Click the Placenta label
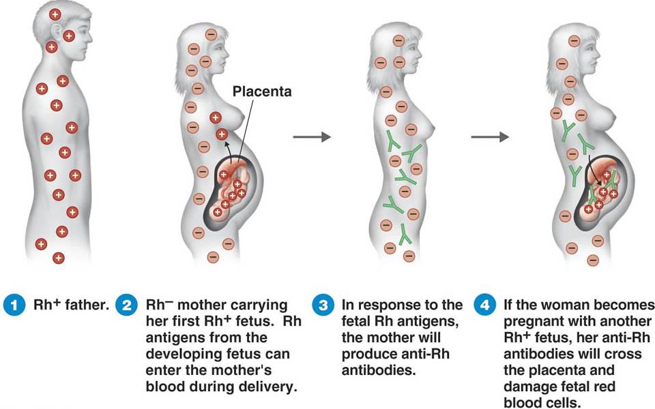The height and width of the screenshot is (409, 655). click(262, 91)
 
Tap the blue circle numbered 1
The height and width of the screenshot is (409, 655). click(14, 305)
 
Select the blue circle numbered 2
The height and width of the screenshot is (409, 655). click(127, 305)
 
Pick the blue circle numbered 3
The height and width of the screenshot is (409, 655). click(323, 305)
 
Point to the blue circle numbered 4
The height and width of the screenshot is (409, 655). click(484, 305)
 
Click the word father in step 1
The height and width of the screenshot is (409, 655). click(87, 305)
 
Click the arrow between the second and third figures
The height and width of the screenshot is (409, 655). click(312, 136)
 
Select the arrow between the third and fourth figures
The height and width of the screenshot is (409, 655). click(490, 136)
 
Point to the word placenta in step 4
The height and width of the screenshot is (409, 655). click(586, 371)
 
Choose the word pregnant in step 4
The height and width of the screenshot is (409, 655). click(534, 322)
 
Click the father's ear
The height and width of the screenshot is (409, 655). click(57, 31)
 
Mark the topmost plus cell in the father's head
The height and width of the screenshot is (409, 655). click(55, 14)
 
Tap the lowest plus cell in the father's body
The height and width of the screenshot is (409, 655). click(59, 258)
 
